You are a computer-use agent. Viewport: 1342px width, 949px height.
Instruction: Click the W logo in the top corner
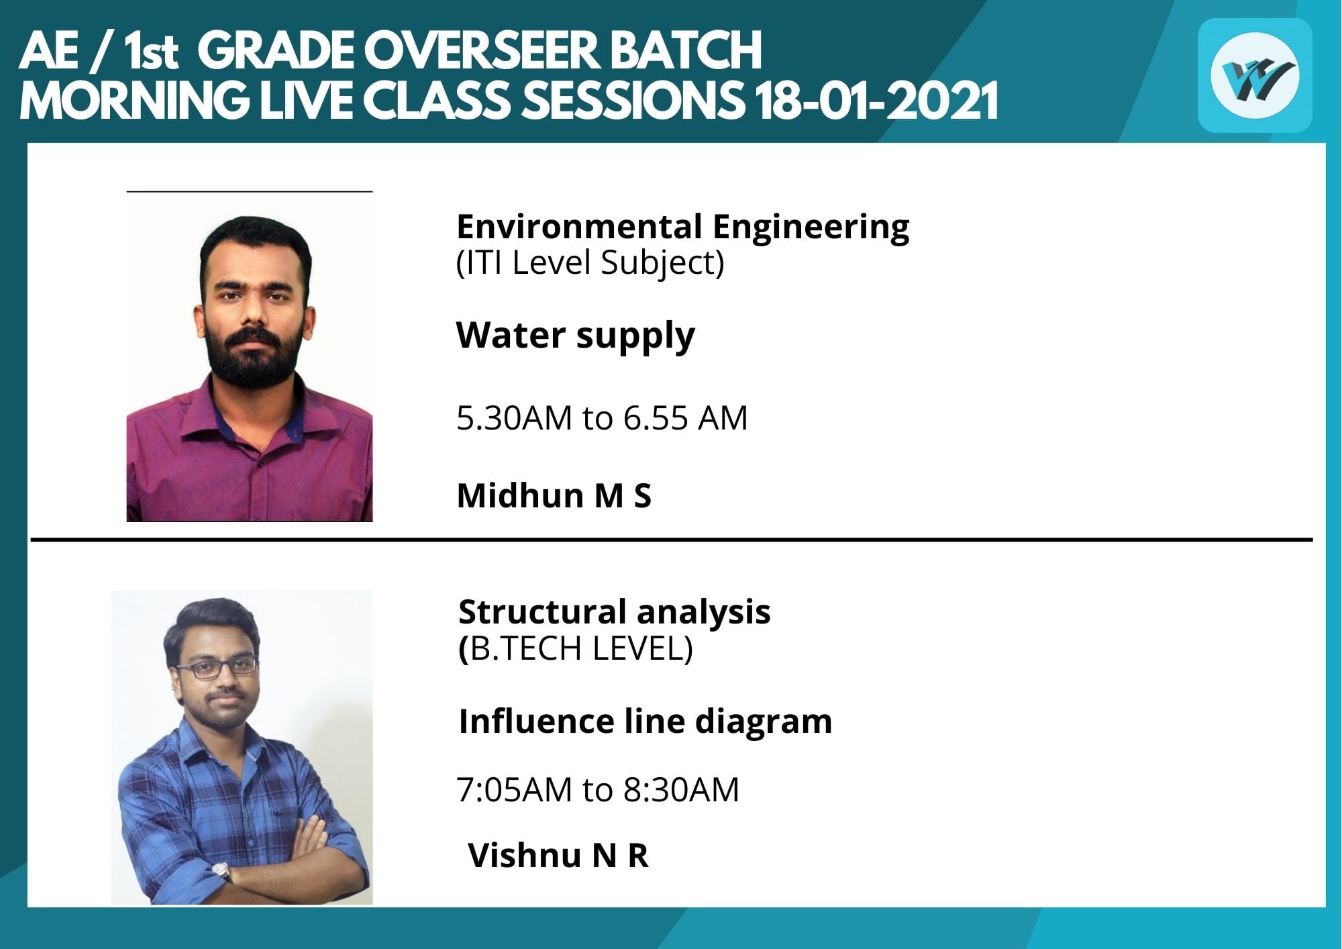tap(1255, 75)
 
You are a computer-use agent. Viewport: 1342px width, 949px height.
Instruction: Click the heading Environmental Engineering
tap(682, 228)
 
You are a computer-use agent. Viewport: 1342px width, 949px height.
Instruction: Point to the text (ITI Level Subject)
tap(590, 263)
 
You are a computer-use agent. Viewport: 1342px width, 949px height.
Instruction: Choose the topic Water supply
tap(575, 336)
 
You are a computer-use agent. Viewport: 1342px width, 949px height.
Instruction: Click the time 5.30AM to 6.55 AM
tap(602, 418)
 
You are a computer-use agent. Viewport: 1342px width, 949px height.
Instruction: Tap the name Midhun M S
tap(554, 496)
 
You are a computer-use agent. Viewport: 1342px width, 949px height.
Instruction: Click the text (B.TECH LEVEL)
tap(575, 648)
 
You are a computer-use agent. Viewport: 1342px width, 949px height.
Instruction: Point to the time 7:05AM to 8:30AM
tap(597, 790)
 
